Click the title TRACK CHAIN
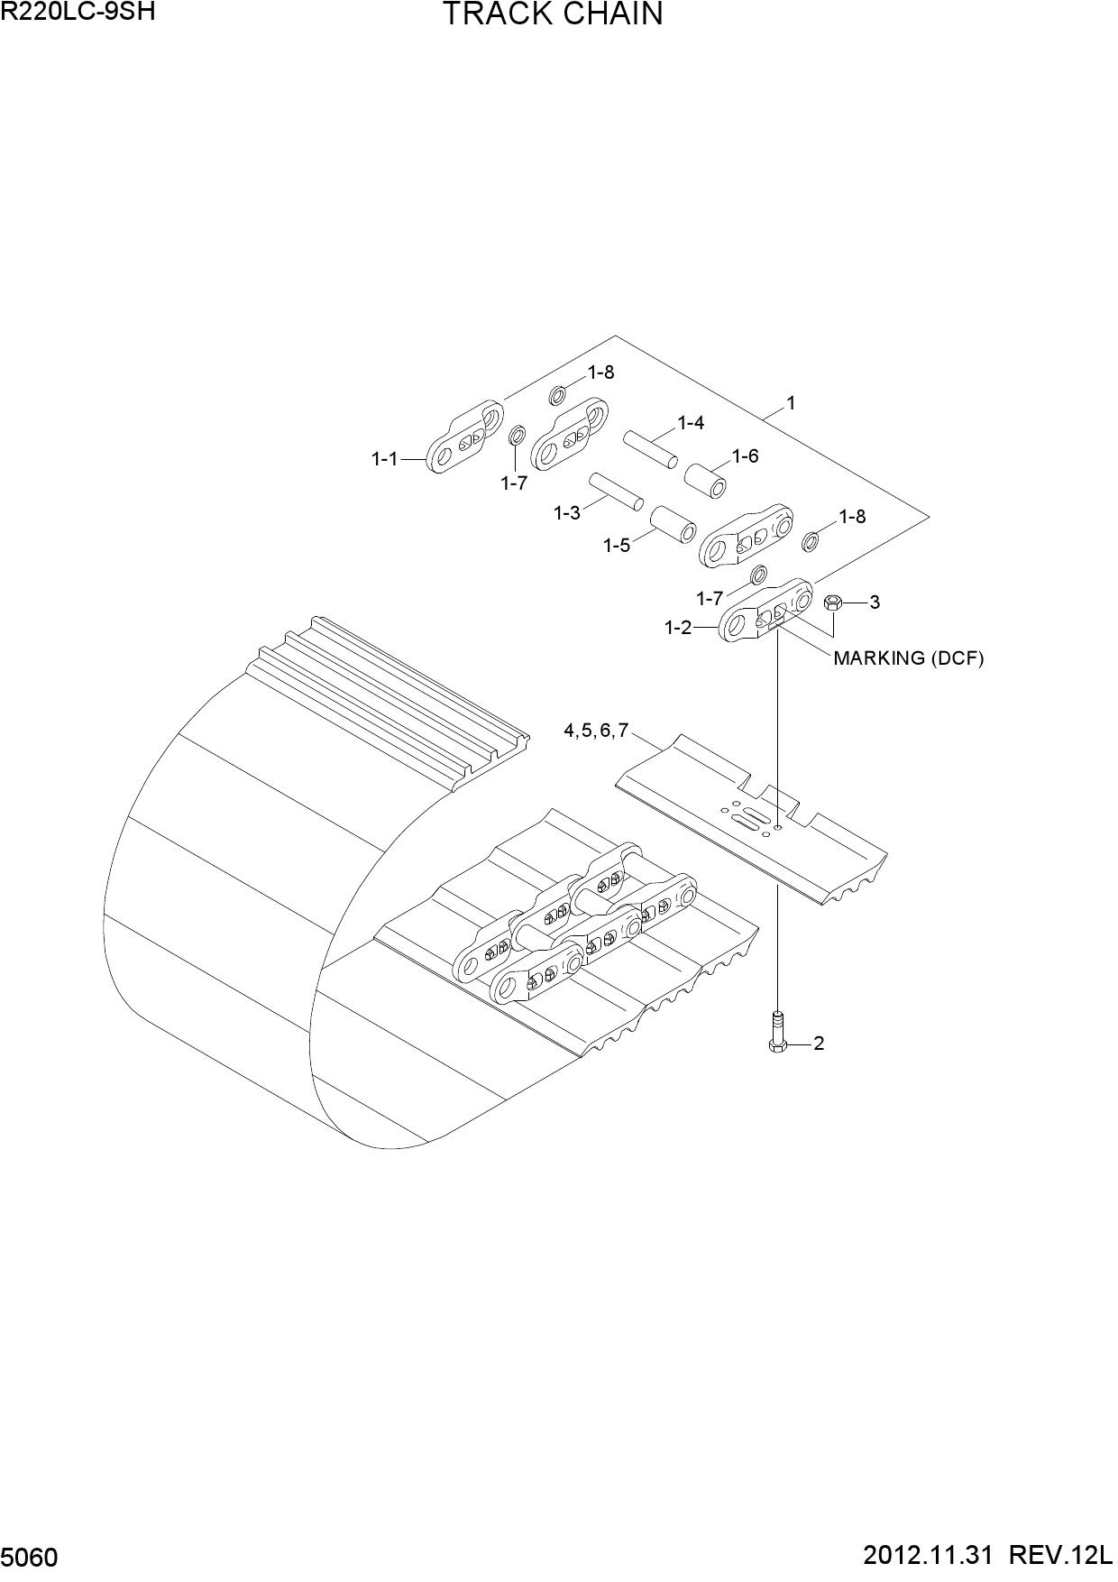[x=553, y=14]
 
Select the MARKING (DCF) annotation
[x=908, y=658]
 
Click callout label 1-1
[x=385, y=459]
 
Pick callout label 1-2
[x=678, y=628]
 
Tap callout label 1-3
[x=567, y=513]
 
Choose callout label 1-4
[x=692, y=423]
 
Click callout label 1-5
[x=617, y=546]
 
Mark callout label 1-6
[x=745, y=456]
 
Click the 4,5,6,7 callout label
[x=596, y=731]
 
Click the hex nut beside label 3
[x=833, y=602]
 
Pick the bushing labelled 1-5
[x=673, y=524]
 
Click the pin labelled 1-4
[x=650, y=448]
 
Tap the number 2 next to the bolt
[x=819, y=1044]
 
